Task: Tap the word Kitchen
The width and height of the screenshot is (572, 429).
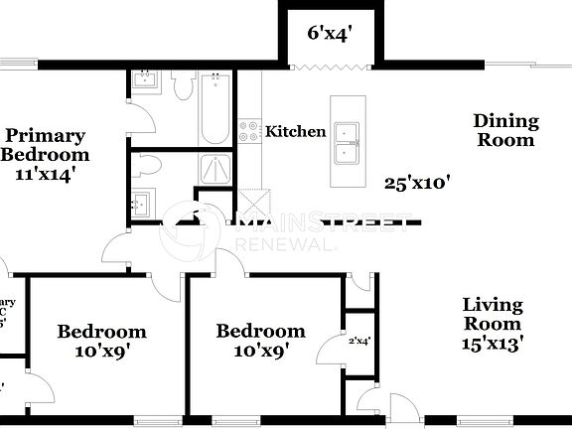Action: [x=296, y=131]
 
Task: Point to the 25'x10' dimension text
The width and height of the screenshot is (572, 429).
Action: [x=417, y=182]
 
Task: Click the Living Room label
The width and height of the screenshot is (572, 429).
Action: [x=493, y=314]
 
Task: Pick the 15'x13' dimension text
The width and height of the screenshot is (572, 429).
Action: [x=493, y=344]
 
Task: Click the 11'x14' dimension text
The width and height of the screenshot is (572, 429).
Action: [x=46, y=174]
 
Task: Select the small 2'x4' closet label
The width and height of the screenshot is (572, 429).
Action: [x=358, y=341]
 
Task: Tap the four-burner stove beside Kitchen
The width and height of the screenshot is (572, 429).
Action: [x=249, y=131]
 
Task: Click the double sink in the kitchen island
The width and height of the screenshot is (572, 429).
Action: [x=348, y=142]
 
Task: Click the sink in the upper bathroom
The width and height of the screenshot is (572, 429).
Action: [x=145, y=82]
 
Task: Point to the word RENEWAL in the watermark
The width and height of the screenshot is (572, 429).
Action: [x=278, y=244]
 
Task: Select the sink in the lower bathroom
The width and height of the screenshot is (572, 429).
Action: [x=141, y=204]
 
